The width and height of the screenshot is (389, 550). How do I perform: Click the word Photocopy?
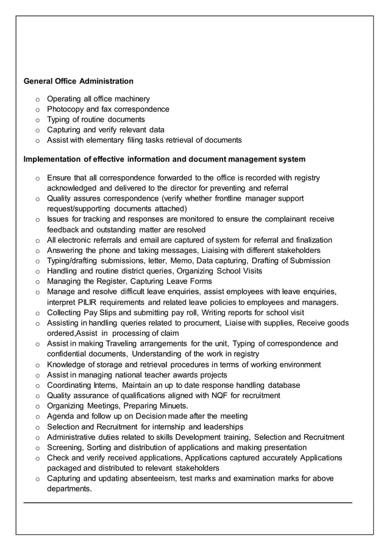click(66, 109)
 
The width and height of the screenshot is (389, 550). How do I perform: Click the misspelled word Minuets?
click(173, 406)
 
